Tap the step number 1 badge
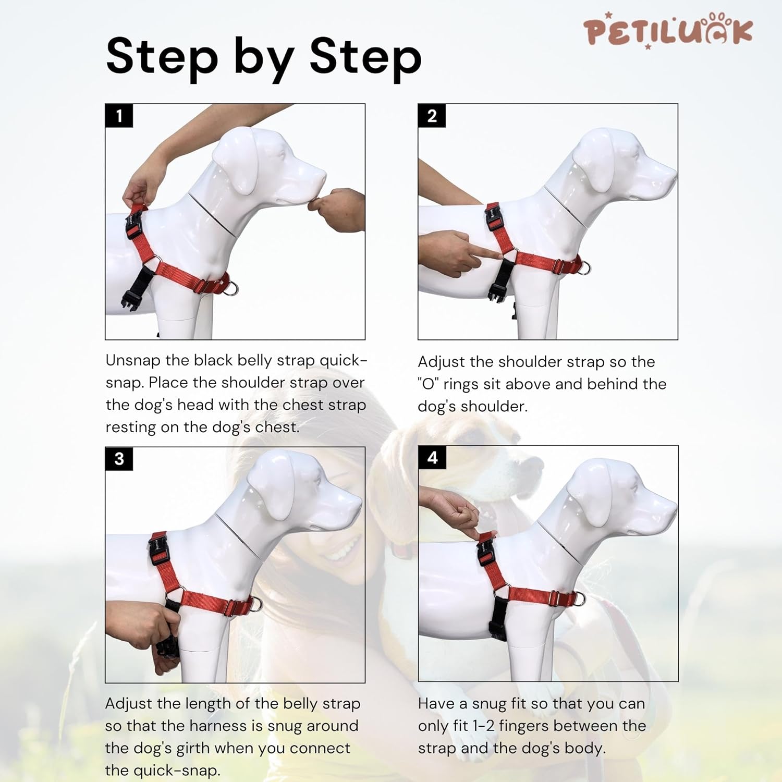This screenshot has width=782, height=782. click(x=119, y=116)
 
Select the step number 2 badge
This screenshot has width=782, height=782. click(x=432, y=116)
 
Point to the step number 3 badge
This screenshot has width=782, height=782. click(x=119, y=459)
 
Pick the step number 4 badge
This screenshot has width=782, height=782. click(x=432, y=458)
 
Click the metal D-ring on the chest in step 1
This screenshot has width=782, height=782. click(x=232, y=288)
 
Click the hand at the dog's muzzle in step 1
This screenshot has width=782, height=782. click(x=339, y=209)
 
